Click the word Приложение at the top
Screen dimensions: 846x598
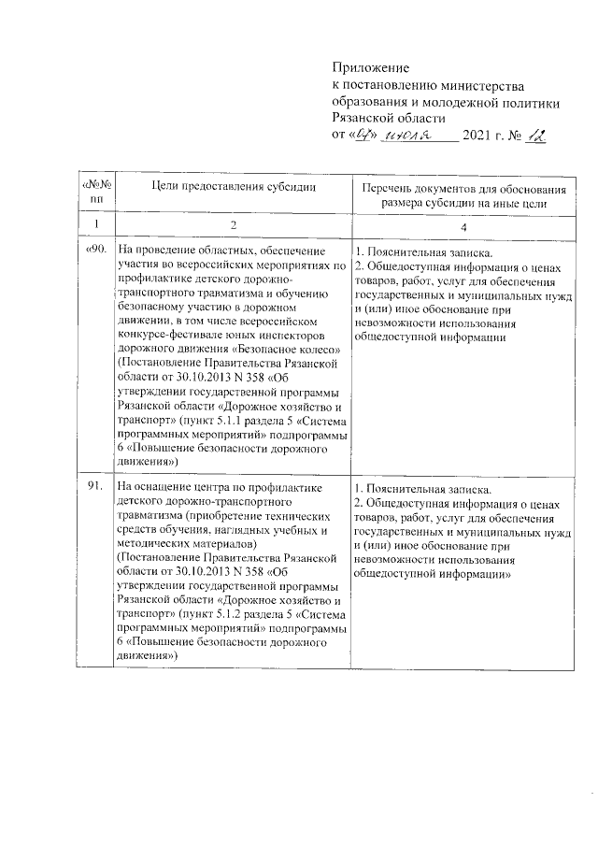(x=372, y=68)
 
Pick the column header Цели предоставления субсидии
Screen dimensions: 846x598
(x=233, y=186)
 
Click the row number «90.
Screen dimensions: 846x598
(x=98, y=251)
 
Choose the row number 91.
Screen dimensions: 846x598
(x=98, y=487)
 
